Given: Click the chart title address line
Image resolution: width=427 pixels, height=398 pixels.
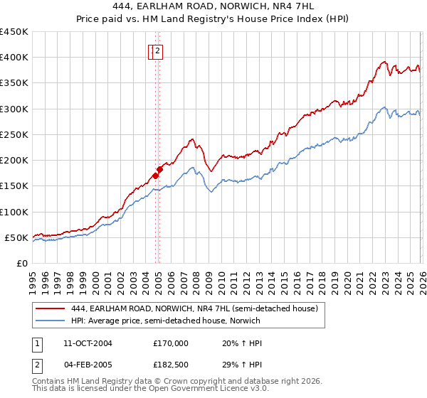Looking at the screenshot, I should click(x=213, y=5).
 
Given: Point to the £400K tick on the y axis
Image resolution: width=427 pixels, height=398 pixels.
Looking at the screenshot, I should click(x=14, y=58).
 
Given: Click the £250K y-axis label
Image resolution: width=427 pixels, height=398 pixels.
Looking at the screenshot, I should click(x=14, y=134).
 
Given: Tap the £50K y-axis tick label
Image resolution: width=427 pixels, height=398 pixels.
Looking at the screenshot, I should click(x=17, y=237).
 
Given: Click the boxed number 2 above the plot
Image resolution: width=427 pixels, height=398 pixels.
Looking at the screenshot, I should click(x=157, y=50).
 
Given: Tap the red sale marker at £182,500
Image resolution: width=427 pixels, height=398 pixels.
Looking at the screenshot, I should click(x=159, y=169).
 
